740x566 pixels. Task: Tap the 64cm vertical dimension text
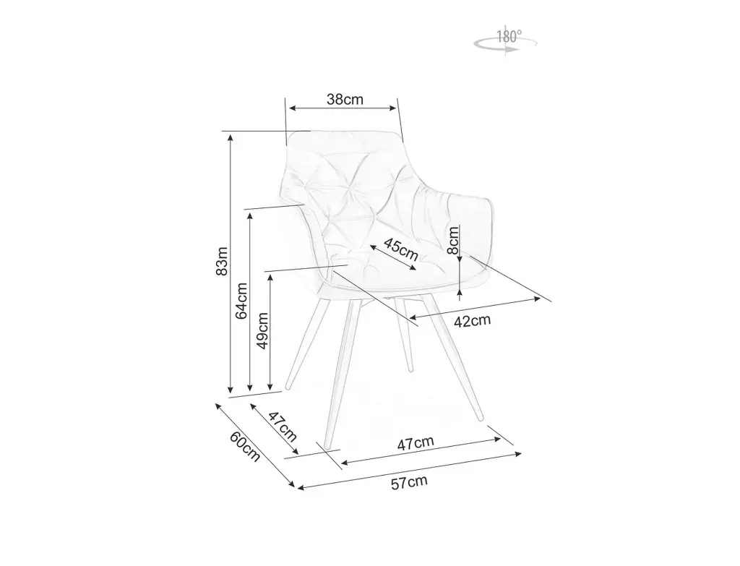click(x=242, y=300)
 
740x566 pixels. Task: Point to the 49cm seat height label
click(x=263, y=330)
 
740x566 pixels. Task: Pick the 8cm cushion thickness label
click(x=454, y=239)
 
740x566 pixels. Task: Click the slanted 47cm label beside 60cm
click(x=283, y=426)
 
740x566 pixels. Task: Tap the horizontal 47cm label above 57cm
click(x=416, y=442)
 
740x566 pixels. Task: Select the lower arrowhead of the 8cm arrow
click(x=460, y=294)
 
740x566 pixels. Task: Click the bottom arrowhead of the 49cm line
click(x=270, y=387)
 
